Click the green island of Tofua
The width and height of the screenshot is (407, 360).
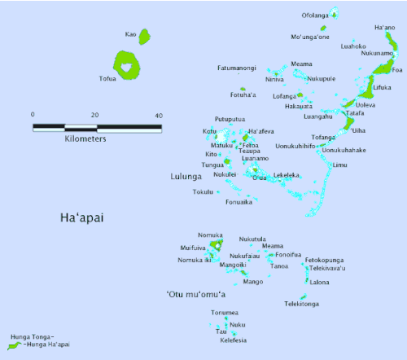point(126,65)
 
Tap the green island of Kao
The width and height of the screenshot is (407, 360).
point(145,36)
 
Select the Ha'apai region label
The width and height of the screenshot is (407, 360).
point(86,217)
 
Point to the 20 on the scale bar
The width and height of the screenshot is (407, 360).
point(97,114)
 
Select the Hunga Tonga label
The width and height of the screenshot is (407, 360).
point(32,336)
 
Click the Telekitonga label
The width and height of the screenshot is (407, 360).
point(301,304)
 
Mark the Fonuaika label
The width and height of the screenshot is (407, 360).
point(238,202)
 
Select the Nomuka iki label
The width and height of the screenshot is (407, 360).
point(195,260)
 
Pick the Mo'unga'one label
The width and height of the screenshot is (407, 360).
point(310,37)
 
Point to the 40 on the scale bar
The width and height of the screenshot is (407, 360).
point(159,114)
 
